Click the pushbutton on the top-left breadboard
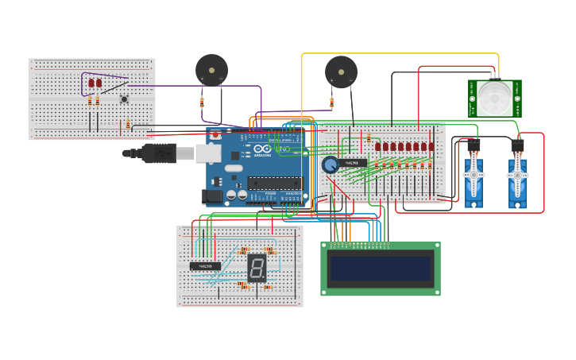(x=123, y=99)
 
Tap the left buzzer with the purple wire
(x=211, y=69)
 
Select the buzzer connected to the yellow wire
(x=341, y=72)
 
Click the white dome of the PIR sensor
(x=494, y=97)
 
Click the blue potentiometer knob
(x=330, y=165)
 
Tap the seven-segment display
(x=257, y=268)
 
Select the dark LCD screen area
(x=381, y=269)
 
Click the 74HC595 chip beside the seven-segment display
(x=205, y=266)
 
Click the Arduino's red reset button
(x=215, y=134)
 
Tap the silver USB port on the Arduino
(x=209, y=153)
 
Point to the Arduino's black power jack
(x=214, y=195)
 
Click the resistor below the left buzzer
(x=202, y=102)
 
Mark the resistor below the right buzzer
(x=331, y=102)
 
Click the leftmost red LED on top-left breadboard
(x=91, y=83)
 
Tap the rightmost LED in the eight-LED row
(x=431, y=146)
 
